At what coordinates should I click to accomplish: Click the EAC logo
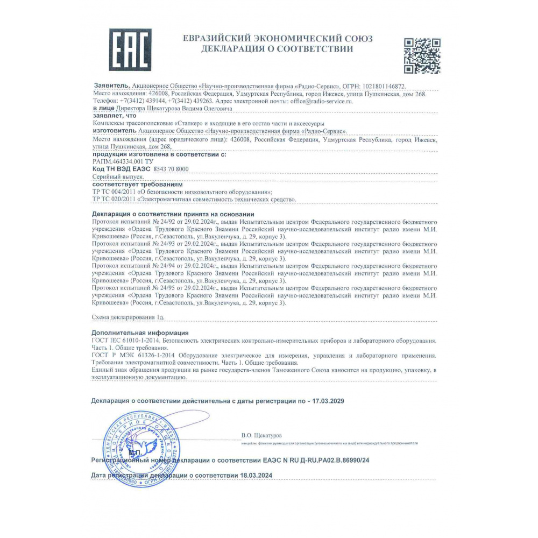[130, 49]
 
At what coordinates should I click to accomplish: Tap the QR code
[422, 55]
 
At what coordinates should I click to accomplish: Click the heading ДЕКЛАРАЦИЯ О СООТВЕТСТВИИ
[277, 49]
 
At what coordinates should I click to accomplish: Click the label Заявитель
[111, 86]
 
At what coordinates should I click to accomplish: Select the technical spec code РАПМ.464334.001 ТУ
[124, 161]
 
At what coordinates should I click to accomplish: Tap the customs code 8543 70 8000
[171, 169]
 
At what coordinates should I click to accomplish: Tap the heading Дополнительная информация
[140, 333]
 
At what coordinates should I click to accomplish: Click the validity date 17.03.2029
[328, 401]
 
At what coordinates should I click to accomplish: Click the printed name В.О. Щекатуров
[261, 435]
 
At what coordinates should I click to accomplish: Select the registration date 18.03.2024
[256, 476]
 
